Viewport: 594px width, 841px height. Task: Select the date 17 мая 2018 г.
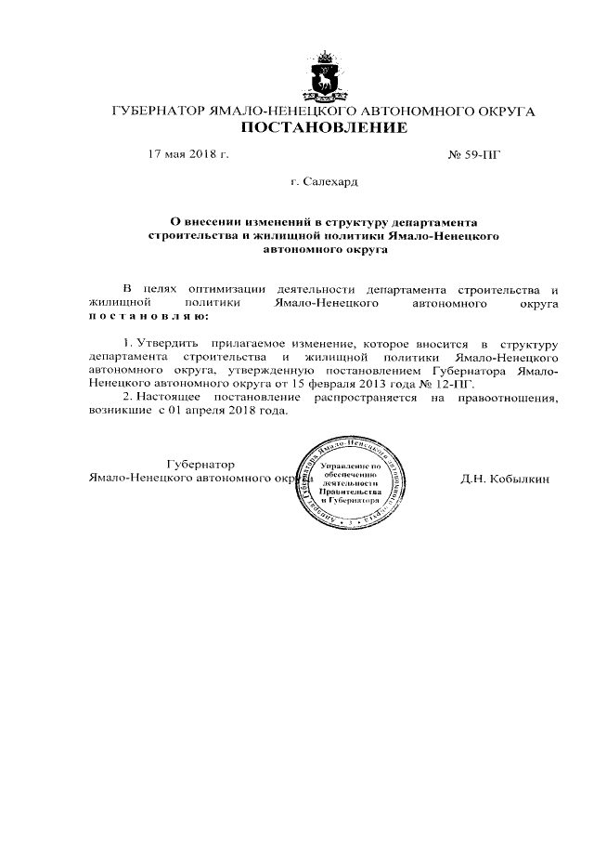click(188, 154)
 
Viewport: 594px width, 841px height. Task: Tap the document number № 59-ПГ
click(473, 154)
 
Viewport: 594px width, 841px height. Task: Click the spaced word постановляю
click(148, 316)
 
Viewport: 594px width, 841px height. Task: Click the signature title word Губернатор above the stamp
click(199, 464)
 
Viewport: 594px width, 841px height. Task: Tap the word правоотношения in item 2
click(515, 397)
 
